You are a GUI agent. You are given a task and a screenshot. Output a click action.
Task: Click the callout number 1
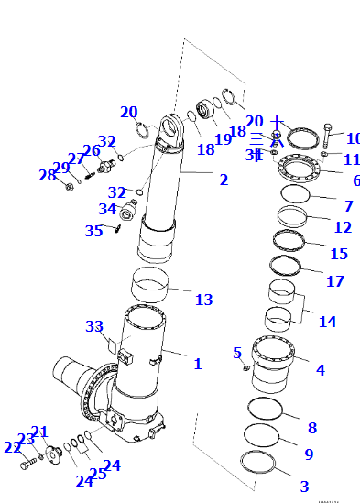197,365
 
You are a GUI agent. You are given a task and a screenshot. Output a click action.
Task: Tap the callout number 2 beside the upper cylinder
224,180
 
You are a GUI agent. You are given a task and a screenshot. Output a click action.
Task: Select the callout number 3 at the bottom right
304,486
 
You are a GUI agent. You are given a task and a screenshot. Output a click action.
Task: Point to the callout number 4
320,370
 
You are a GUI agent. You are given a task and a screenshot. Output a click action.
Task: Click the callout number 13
203,299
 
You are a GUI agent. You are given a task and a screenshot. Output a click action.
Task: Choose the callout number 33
94,326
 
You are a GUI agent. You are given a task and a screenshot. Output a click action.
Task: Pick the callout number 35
94,231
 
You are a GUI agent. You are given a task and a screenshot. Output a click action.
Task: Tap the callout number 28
47,175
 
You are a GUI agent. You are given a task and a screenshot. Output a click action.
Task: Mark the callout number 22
11,447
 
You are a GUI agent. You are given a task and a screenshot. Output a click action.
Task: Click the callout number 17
335,281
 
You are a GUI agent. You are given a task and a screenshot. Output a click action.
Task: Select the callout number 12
343,227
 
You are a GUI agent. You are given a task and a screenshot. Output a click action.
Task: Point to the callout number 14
327,322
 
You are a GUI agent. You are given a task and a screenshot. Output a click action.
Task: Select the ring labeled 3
258,462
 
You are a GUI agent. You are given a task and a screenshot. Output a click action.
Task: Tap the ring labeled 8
266,410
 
